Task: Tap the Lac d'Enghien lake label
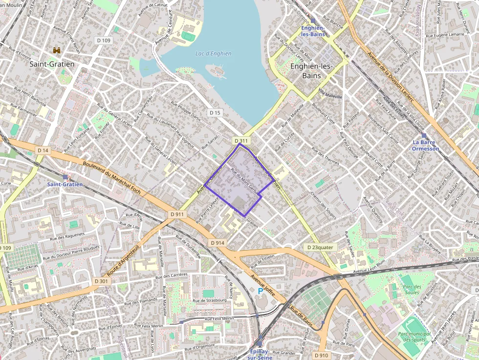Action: tap(213, 54)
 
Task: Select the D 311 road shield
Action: tap(241, 141)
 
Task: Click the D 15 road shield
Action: tap(215, 113)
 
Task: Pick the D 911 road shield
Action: tap(177, 214)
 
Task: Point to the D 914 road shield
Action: tap(218, 243)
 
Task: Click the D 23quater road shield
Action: tap(320, 247)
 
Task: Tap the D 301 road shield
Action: tap(101, 281)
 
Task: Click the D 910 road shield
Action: tap(321, 355)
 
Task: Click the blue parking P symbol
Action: tap(261, 291)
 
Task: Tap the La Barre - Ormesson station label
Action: tap(425, 146)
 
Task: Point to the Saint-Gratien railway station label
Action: tap(65, 184)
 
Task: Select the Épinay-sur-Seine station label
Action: tap(260, 354)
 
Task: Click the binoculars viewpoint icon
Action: tap(57, 50)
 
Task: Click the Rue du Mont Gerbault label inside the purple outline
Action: tap(244, 182)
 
